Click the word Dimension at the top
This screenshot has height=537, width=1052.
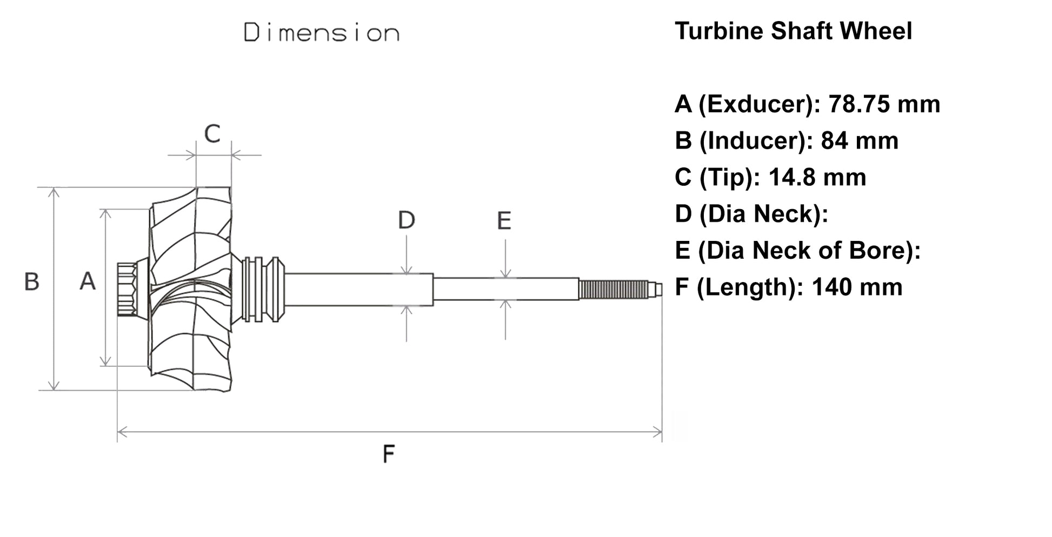click(322, 33)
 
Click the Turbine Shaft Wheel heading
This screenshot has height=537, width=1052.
click(793, 31)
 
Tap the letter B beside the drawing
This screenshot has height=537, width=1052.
click(32, 281)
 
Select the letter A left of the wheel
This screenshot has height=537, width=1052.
click(88, 281)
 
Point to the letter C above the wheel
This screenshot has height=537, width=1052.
click(212, 133)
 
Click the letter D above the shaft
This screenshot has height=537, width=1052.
click(407, 220)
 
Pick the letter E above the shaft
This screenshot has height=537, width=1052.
click(504, 221)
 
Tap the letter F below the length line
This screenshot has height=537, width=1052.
click(388, 454)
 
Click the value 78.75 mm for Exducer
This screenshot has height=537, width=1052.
click(884, 104)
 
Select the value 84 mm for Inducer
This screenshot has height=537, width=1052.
click(859, 141)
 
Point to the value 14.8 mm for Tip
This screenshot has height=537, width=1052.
click(817, 178)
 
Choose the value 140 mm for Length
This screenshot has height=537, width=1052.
click(857, 287)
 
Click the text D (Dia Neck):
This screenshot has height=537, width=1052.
click(751, 214)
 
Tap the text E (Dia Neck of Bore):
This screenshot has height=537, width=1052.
click(797, 251)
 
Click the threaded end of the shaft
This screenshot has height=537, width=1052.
click(613, 290)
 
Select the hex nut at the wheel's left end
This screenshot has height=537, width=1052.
click(126, 290)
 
